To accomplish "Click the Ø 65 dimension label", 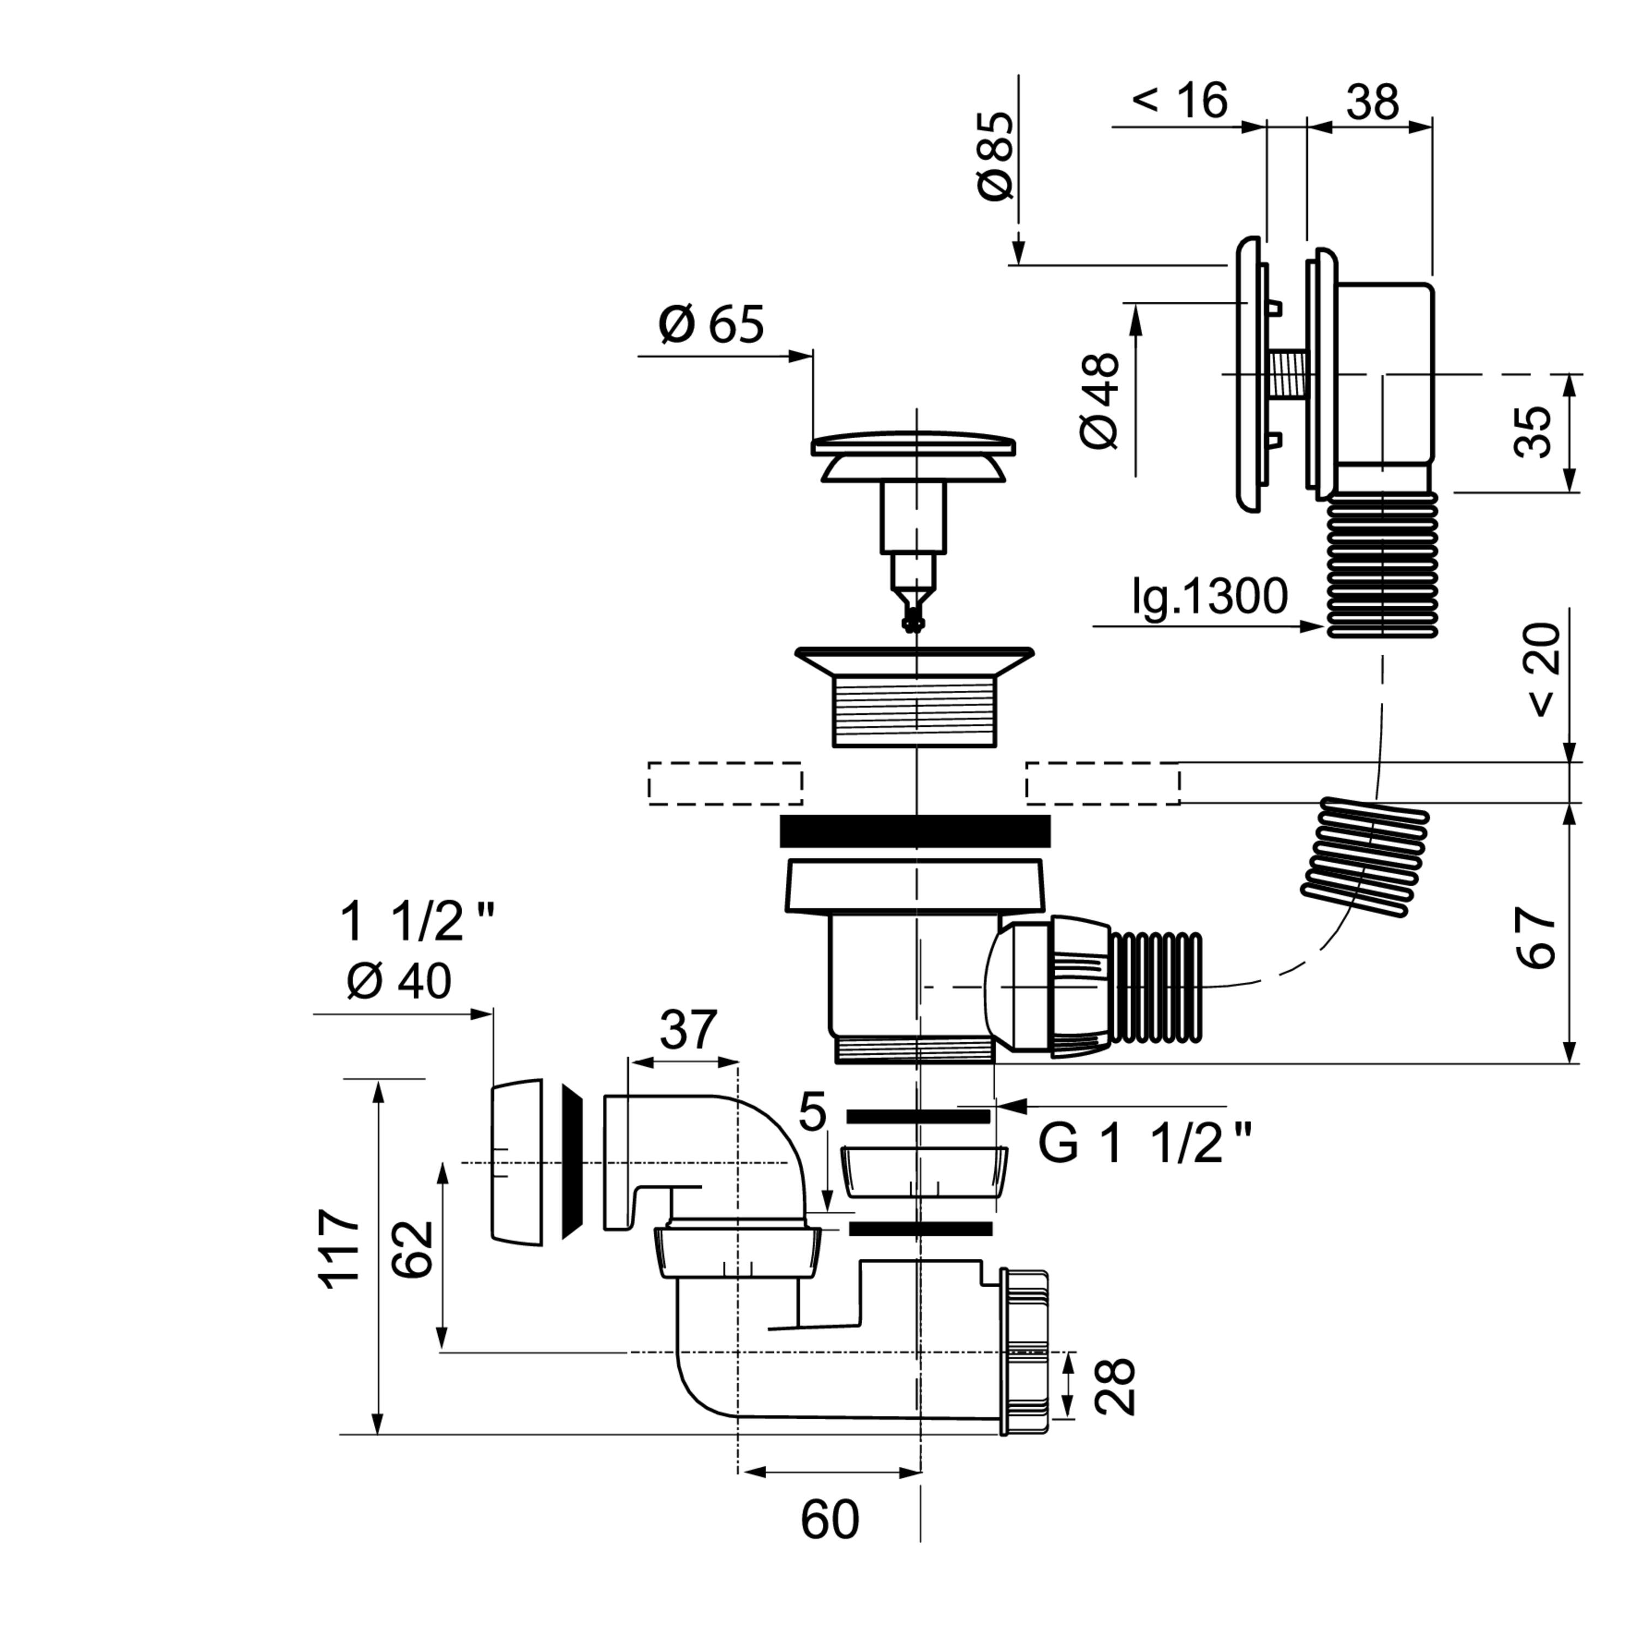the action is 711,325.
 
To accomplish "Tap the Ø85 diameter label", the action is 996,156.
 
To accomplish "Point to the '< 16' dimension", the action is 1179,101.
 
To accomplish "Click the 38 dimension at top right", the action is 1373,101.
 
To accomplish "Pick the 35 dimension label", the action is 1532,432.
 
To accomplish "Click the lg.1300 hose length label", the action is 1210,596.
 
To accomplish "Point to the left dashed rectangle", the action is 725,783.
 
